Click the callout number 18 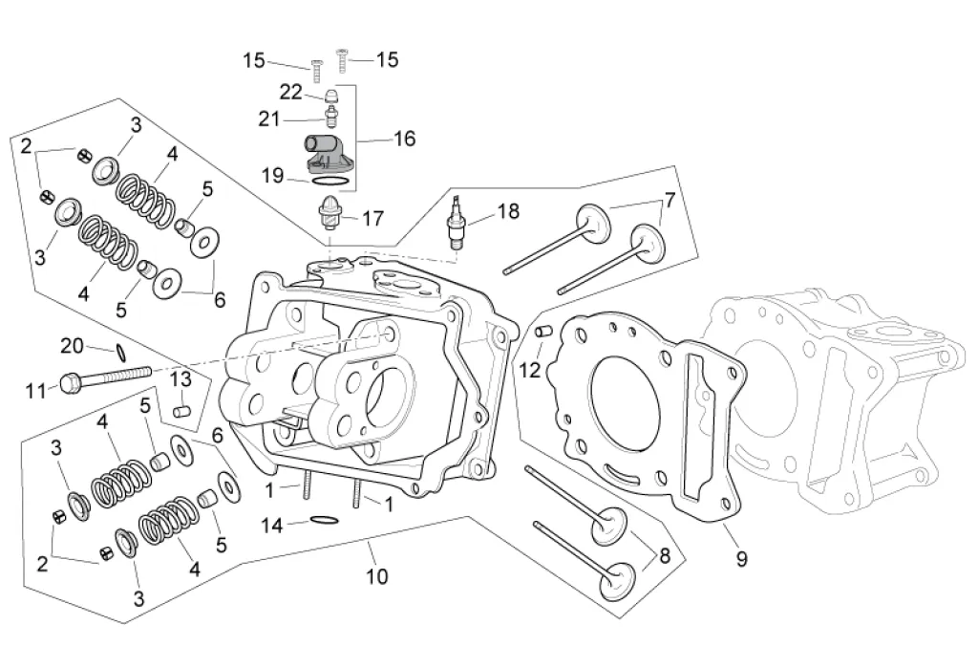[x=508, y=211]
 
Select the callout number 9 [x=741, y=557]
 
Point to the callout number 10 [x=376, y=575]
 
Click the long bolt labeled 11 [x=106, y=378]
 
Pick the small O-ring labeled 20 [x=122, y=354]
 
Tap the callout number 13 [x=181, y=379]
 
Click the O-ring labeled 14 [x=325, y=520]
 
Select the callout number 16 [x=404, y=138]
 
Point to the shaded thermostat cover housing [x=328, y=153]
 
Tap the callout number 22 [x=290, y=93]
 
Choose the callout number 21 [x=269, y=119]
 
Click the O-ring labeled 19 [x=329, y=181]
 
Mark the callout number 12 [x=529, y=370]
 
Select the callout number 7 [x=670, y=201]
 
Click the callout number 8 [x=665, y=554]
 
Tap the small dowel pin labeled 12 [x=542, y=331]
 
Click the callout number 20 [x=72, y=345]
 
